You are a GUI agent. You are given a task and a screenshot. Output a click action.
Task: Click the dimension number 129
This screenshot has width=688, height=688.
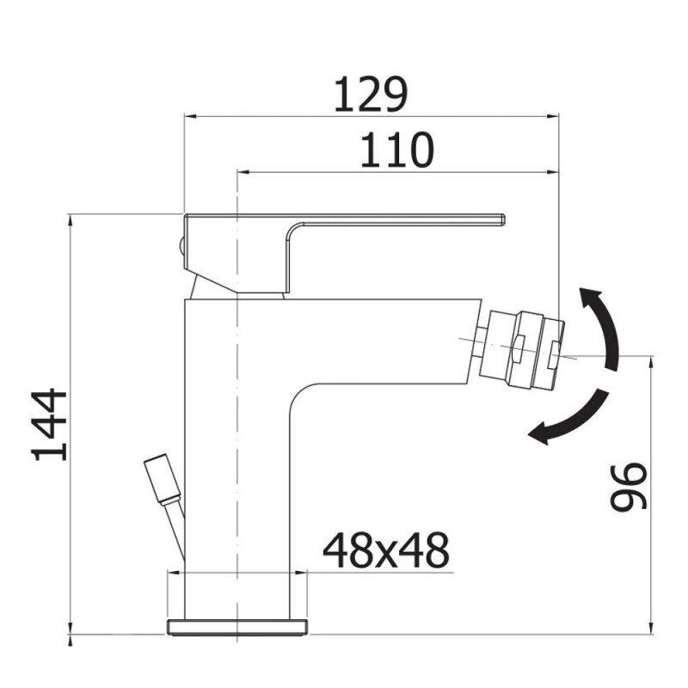pos(371,95)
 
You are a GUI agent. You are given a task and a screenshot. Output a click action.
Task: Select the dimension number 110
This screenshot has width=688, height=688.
pos(397,150)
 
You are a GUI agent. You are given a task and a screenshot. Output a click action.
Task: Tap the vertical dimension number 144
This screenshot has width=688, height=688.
pos(50,425)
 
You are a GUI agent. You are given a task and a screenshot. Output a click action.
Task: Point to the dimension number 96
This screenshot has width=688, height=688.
pos(630,487)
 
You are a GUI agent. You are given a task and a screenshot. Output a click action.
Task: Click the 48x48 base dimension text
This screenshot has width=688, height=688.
pos(386,550)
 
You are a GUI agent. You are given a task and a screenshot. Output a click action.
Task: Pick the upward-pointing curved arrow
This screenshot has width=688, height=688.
pos(600,327)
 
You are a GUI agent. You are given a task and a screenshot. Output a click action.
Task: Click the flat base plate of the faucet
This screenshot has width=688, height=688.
pos(237,627)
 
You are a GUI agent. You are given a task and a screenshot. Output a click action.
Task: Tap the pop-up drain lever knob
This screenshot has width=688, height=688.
pos(162,479)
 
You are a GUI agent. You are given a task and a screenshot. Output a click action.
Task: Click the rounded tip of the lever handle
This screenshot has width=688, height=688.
pos(502,220)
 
